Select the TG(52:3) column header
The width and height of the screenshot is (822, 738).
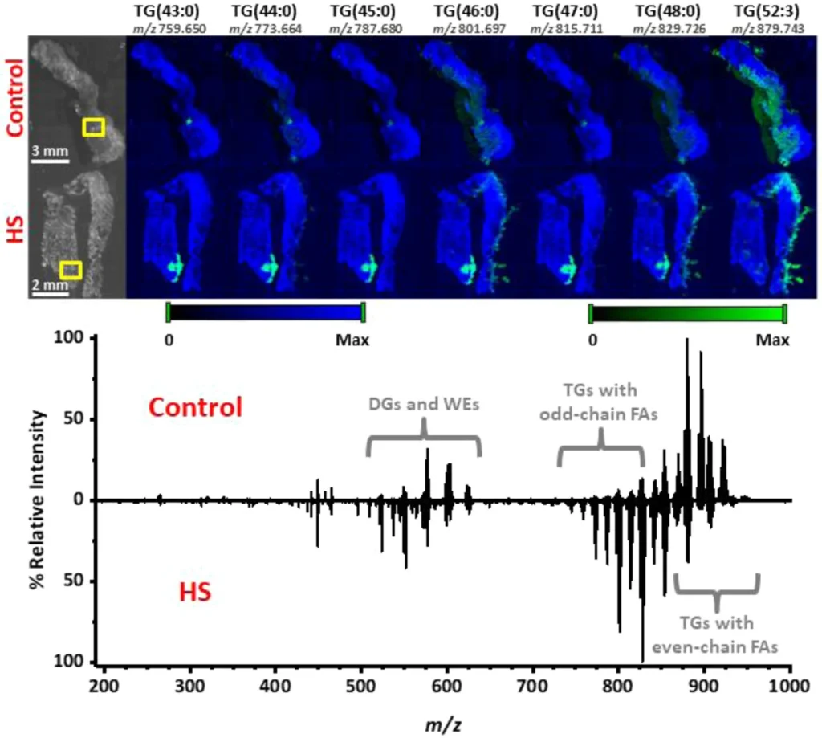[x=767, y=11]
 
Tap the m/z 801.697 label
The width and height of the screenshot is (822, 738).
[x=469, y=28]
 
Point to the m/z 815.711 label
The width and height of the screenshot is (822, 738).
[x=567, y=28]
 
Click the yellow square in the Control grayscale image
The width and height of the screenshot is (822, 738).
[x=93, y=128]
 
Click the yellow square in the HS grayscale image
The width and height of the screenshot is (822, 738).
[x=71, y=270]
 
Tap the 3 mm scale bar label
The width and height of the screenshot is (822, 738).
[x=50, y=151]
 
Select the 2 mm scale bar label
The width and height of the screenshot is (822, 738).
[x=51, y=285]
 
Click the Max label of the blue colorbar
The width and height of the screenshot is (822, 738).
[x=352, y=340]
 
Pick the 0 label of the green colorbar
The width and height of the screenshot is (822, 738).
[x=592, y=340]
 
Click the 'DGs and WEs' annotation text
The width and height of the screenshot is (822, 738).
[x=424, y=404]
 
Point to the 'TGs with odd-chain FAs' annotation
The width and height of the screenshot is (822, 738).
[x=599, y=402]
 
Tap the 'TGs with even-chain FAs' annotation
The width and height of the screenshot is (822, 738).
[x=715, y=634]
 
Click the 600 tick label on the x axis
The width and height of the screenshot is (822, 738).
[x=446, y=686]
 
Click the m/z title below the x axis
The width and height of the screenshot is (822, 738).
[x=443, y=724]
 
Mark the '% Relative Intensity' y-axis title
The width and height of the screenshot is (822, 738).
[x=38, y=499]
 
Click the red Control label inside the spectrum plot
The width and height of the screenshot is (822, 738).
[x=196, y=407]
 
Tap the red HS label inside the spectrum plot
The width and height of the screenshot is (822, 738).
[x=195, y=592]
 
